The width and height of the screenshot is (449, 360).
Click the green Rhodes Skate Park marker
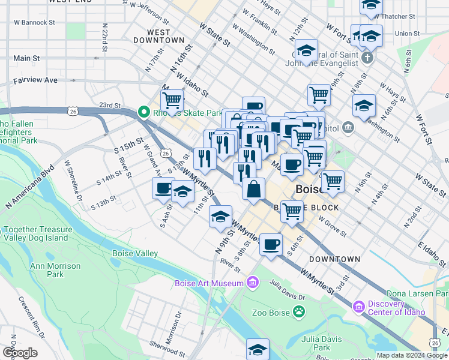(143, 112)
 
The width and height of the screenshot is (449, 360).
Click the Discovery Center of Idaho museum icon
(359, 307)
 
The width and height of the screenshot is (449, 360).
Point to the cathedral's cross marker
(368, 58)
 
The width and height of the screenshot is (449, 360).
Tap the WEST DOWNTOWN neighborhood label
(158, 36)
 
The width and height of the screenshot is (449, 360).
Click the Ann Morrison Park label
(55, 270)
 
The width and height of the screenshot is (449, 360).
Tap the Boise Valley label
(135, 254)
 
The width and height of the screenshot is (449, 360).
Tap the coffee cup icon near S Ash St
(163, 188)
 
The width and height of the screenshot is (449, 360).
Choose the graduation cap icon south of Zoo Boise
(258, 349)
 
